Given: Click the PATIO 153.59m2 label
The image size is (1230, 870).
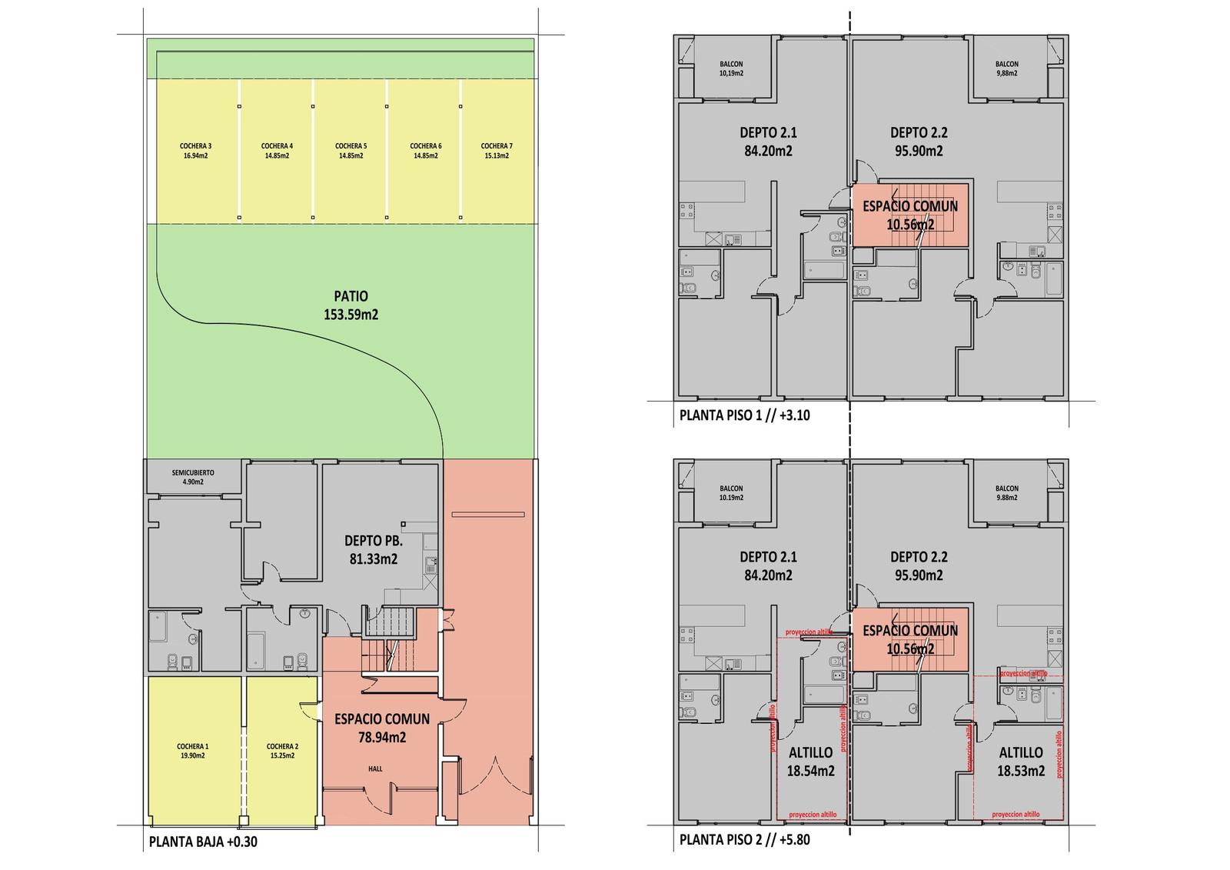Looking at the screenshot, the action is coord(351,305).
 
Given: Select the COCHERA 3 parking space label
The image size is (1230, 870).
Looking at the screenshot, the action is coord(195,151).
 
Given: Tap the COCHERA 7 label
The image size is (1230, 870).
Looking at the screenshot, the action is coord(497,151).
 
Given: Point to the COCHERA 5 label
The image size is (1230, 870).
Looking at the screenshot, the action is coord(351,151).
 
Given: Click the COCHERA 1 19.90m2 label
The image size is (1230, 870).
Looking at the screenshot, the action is coord(193,751).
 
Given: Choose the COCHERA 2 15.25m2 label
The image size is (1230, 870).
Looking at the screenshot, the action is coord(282,751).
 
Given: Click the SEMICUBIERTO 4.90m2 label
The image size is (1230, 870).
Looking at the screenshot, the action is coord(193,477).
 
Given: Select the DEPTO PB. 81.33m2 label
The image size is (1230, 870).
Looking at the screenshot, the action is coord(374,549).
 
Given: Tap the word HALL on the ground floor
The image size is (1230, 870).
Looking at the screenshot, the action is coord(376,769).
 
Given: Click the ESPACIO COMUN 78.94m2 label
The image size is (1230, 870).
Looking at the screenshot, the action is coord(382,728).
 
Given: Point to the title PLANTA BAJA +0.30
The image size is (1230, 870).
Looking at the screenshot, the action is coord(203,842).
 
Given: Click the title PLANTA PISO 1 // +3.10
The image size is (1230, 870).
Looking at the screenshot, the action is coord(745,415).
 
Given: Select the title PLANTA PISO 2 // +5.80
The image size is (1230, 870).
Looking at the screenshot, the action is coord(745,839).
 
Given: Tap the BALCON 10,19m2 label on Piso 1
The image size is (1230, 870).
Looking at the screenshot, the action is coord(731,68).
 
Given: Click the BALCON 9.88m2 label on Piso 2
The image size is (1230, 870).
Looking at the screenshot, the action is coord(1007,493).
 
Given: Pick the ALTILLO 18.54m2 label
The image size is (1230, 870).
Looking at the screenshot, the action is coord(810,762).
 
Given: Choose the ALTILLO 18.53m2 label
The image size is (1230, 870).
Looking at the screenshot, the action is coord(1021,762).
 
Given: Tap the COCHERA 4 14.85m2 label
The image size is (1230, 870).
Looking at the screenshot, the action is coord(277,151).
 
